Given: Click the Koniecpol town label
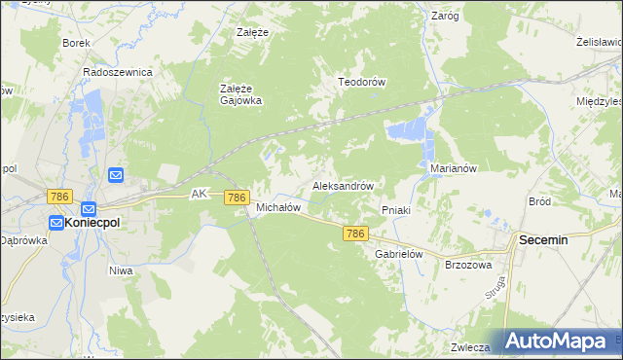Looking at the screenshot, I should [x=98, y=222].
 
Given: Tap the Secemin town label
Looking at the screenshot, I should [x=551, y=238].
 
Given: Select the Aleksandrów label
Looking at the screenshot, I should [x=343, y=185].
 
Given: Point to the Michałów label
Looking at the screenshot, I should [x=276, y=207].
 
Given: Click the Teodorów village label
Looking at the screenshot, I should [x=362, y=82].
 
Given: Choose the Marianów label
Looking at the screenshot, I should [x=453, y=167].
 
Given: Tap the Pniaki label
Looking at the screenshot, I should [x=397, y=209].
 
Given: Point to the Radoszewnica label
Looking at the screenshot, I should [x=118, y=72].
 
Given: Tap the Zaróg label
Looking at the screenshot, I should [x=444, y=16].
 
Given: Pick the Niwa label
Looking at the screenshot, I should [x=121, y=270].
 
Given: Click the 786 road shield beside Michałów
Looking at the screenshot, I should [x=236, y=198].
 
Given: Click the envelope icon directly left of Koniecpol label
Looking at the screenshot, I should [x=55, y=223].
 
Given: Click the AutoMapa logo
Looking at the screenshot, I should [x=558, y=341].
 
